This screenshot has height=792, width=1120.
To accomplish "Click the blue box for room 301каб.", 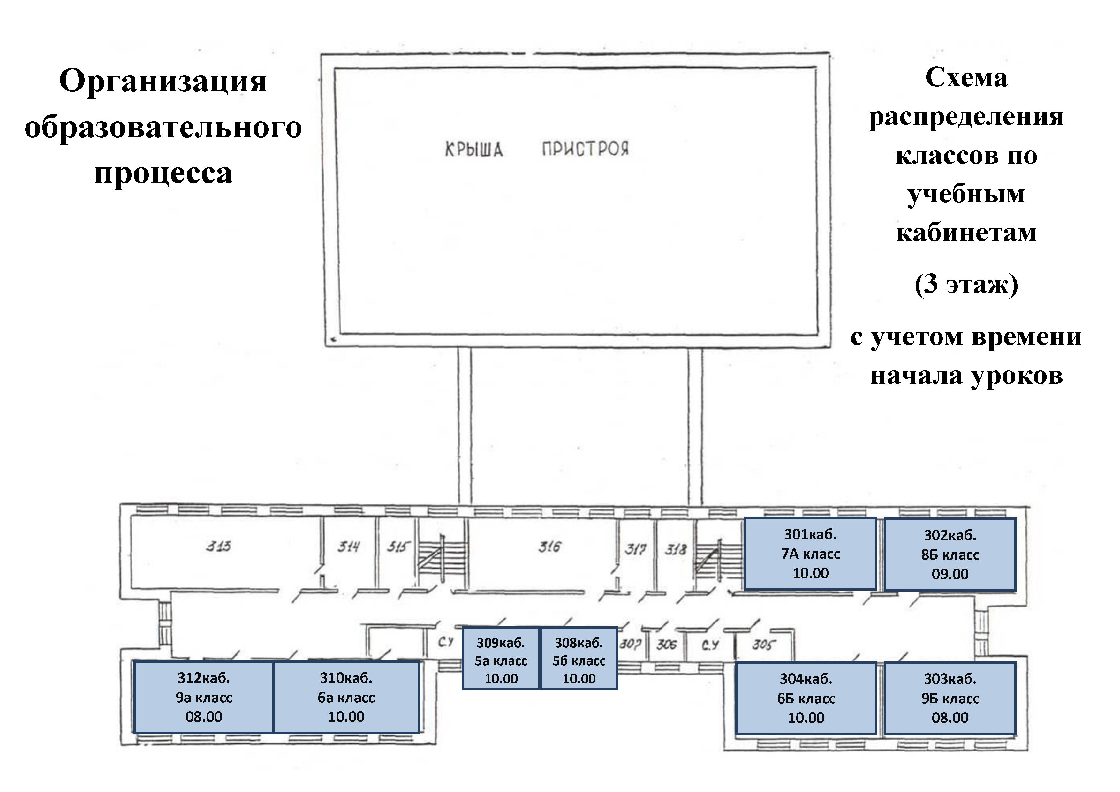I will coord(810,554).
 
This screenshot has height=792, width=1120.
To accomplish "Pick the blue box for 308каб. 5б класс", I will coord(579,658).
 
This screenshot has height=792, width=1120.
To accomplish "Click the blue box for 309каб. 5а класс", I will coord(501,658).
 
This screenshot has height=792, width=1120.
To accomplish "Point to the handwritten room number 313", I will coord(218,546).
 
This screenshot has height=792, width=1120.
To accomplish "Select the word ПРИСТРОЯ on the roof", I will coord(585,149).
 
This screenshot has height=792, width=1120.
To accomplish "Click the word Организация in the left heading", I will coord(163,81).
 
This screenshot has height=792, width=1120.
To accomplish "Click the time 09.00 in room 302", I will coord(950,574).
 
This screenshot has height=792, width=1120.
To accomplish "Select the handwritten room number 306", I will coord(666,645).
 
